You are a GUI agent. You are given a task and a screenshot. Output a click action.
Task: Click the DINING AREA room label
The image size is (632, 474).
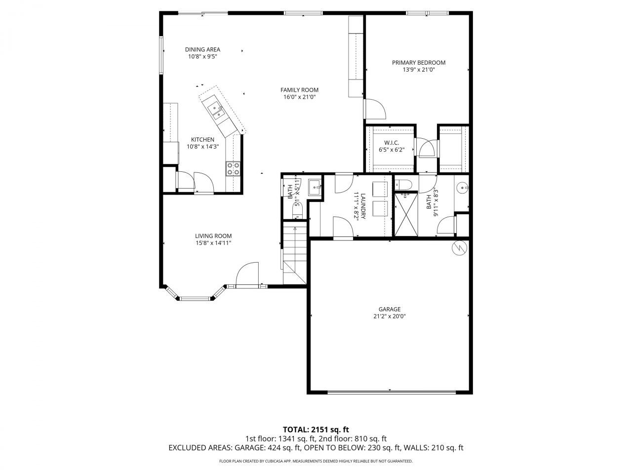coord(202,49)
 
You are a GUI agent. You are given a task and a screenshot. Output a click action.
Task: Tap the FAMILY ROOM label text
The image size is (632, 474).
coord(299,90)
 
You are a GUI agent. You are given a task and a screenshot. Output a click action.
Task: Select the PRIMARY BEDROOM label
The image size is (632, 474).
coord(419,63)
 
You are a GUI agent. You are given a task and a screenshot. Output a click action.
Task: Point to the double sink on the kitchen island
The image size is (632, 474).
coord(216,110)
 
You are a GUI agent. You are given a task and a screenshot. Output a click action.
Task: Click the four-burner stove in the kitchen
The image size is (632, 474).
coord(233,169)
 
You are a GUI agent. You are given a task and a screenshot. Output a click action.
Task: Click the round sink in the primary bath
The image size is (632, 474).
coord(461,188)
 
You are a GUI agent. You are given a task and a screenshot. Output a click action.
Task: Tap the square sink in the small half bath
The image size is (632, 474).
coord(315,187)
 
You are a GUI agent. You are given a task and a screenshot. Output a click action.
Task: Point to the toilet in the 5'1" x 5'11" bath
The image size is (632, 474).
coord(297,212)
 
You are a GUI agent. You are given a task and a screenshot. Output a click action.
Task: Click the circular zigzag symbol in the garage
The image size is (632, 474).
coord(459,248)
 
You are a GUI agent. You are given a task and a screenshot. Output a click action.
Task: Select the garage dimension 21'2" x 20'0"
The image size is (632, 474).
coord(390,316)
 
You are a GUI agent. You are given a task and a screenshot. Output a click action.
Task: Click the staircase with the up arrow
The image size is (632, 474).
coord(294,254)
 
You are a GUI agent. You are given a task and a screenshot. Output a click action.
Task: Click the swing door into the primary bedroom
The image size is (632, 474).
coord(375,109)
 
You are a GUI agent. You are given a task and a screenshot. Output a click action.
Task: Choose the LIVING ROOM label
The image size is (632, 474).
coord(213,236)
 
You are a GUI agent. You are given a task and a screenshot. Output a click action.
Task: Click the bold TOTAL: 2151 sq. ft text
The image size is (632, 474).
coord(316,429)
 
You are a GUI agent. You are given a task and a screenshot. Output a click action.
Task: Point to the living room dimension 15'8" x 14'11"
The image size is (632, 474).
coord(213,243)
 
